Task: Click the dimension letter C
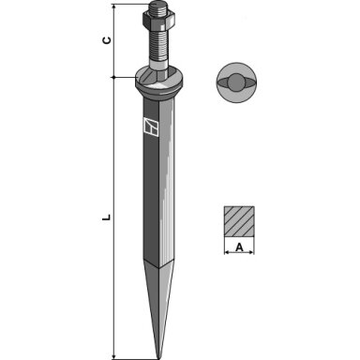coord(107,40)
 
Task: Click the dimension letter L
coord(107,217)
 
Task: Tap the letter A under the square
coord(239,247)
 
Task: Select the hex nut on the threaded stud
coord(158,19)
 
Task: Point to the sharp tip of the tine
coord(159,358)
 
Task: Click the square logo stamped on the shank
coord(151,127)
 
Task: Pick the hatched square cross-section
coord(239,221)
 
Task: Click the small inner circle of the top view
coord(236,82)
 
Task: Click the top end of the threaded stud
coord(158,4)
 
